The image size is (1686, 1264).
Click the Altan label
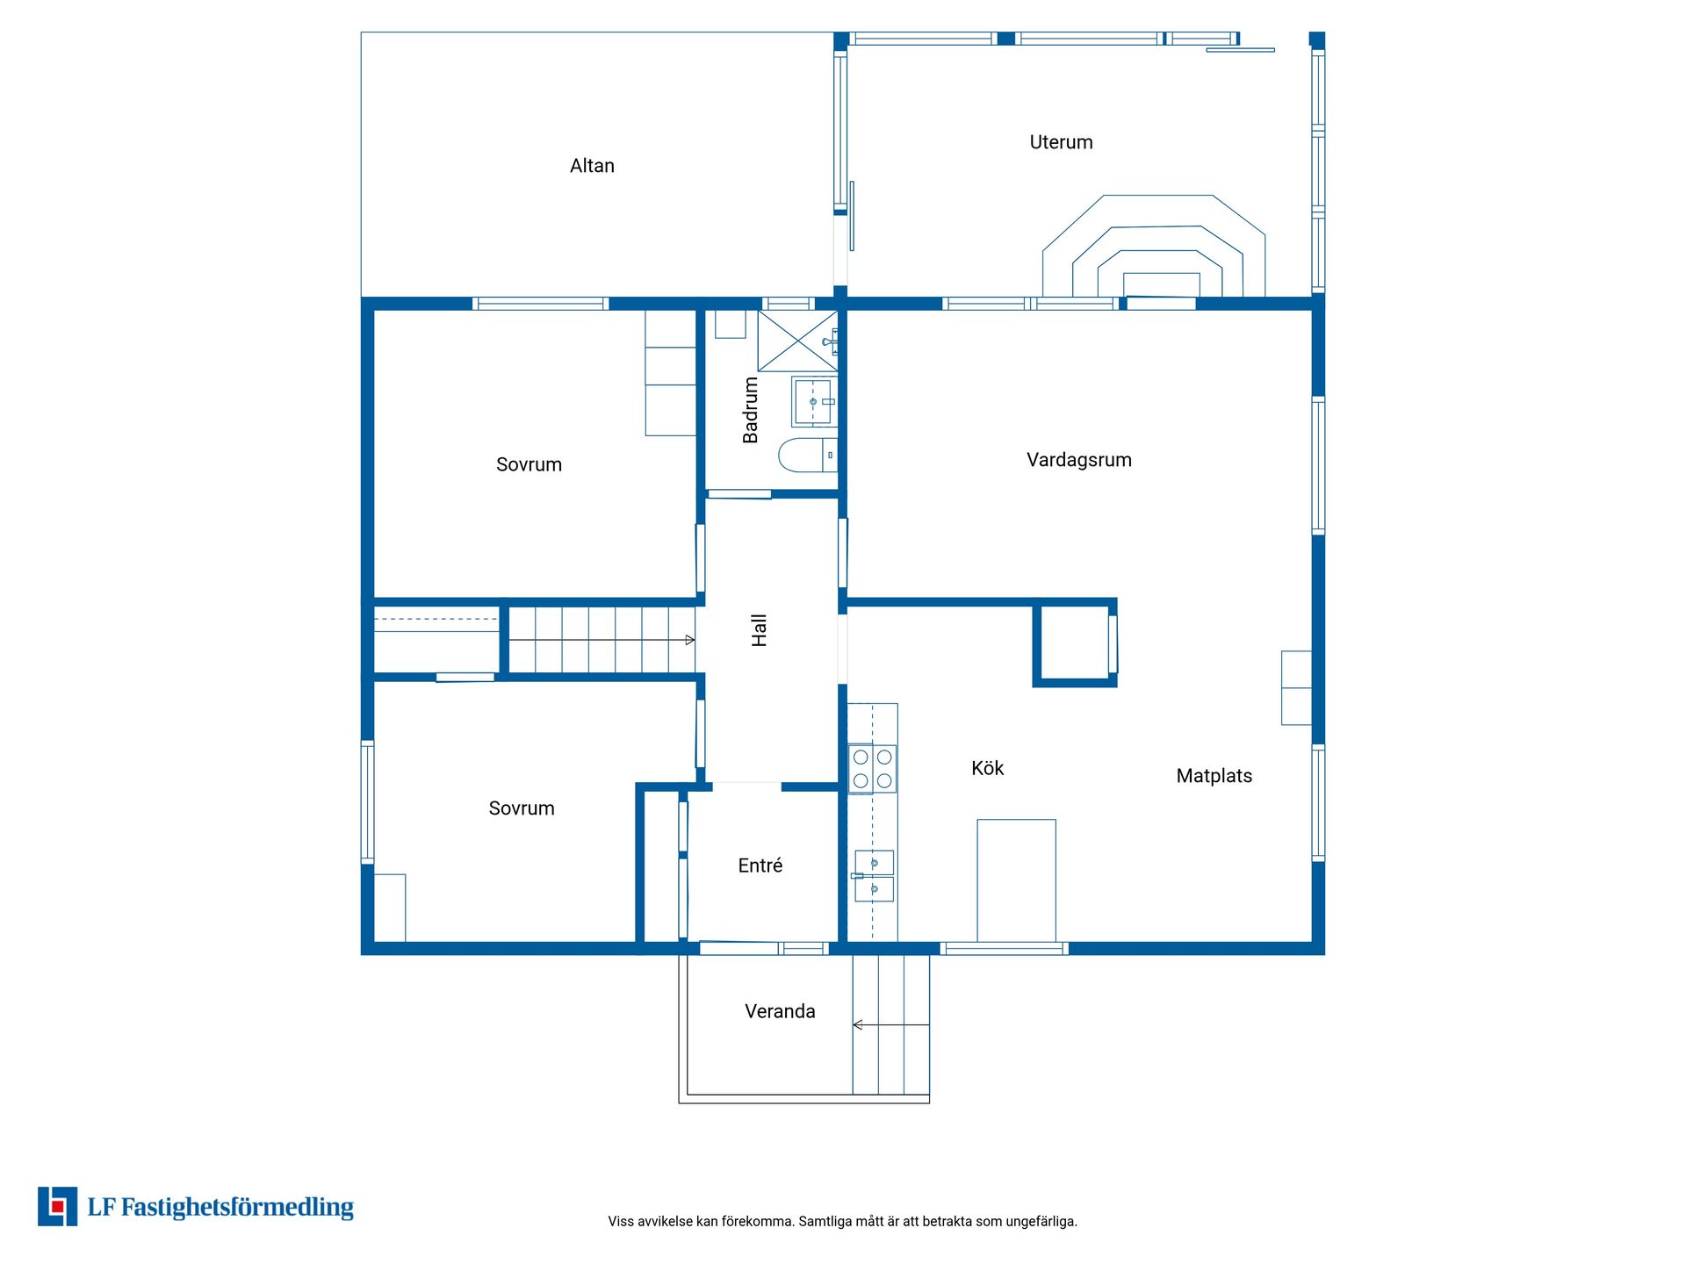pos(592,166)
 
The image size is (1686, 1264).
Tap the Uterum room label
pos(1061,142)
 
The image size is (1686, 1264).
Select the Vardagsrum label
pos(1079,460)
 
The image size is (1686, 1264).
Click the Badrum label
pos(751,410)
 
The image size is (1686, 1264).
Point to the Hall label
pos(760,630)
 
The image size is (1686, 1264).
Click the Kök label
pos(988,768)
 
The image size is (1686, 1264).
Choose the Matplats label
pos(1214,776)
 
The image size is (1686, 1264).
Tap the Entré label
pos(760,865)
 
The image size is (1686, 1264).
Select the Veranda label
pos(780,1011)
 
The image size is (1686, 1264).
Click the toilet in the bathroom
pos(808,455)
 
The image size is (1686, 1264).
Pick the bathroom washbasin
pos(814,402)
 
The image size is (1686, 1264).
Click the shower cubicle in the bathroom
pos(797,340)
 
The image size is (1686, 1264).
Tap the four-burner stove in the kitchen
pos(872,769)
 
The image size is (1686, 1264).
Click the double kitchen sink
pos(874,876)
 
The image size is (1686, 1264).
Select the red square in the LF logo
pos(58,1207)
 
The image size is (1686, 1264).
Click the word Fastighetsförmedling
pos(237,1208)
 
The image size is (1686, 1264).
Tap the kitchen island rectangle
pos(1016,880)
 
